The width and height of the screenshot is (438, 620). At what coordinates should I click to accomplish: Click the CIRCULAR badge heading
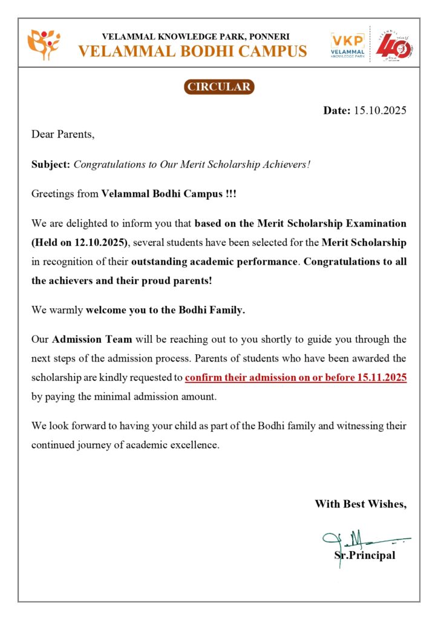pyautogui.click(x=218, y=87)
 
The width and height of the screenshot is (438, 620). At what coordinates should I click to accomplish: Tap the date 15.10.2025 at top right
pyautogui.click(x=379, y=110)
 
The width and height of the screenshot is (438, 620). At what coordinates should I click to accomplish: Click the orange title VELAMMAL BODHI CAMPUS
pyautogui.click(x=192, y=51)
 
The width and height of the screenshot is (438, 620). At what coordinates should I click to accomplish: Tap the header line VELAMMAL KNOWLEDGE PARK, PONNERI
pyautogui.click(x=196, y=36)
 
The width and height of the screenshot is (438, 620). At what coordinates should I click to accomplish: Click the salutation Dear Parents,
pyautogui.click(x=63, y=134)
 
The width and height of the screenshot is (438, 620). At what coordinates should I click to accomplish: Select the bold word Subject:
pyautogui.click(x=51, y=164)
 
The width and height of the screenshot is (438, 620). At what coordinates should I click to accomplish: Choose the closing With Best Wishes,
pyautogui.click(x=360, y=504)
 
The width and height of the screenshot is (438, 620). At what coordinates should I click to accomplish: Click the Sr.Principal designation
pyautogui.click(x=365, y=555)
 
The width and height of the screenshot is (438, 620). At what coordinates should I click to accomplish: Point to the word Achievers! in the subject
pyautogui.click(x=286, y=164)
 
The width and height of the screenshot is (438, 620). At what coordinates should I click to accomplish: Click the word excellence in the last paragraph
pyautogui.click(x=195, y=445)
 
